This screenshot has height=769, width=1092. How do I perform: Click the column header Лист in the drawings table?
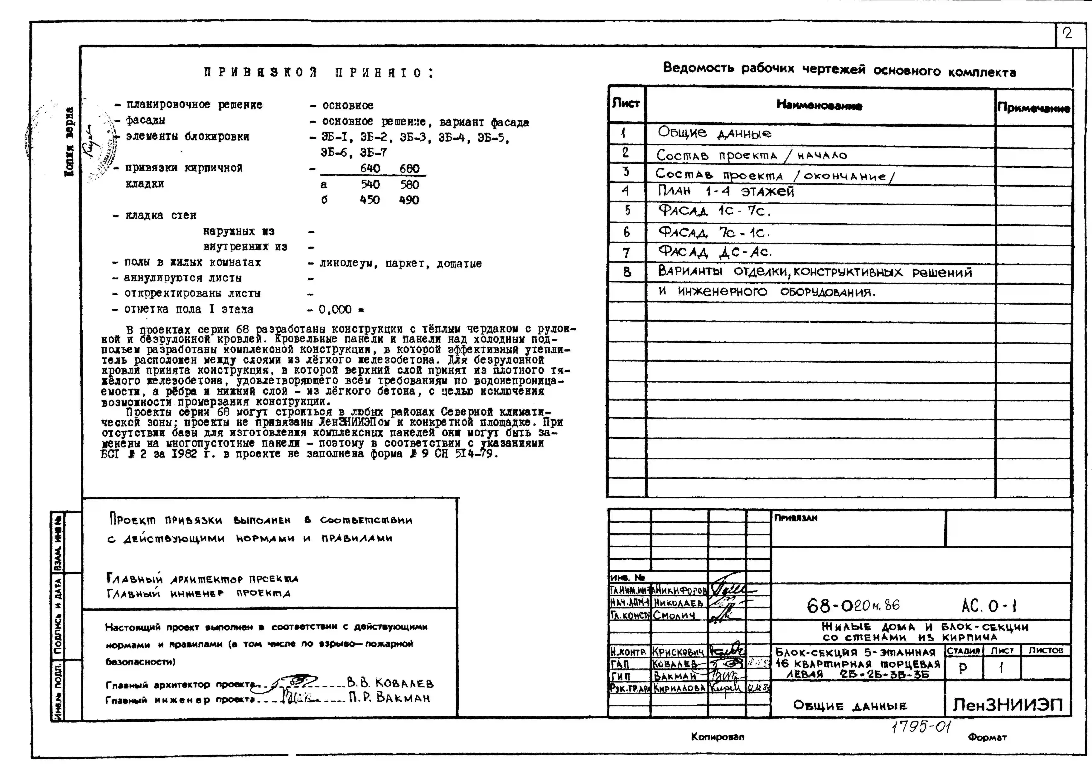pyautogui.click(x=626, y=103)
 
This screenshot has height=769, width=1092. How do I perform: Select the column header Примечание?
pyautogui.click(x=1034, y=108)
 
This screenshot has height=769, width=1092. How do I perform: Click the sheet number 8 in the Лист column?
pyautogui.click(x=627, y=272)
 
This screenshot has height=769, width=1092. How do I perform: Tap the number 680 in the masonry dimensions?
pyautogui.click(x=409, y=169)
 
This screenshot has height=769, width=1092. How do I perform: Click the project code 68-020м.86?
pyautogui.click(x=853, y=605)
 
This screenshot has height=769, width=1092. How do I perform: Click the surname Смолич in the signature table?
pyautogui.click(x=674, y=615)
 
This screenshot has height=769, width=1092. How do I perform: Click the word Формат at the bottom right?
pyautogui.click(x=987, y=737)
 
